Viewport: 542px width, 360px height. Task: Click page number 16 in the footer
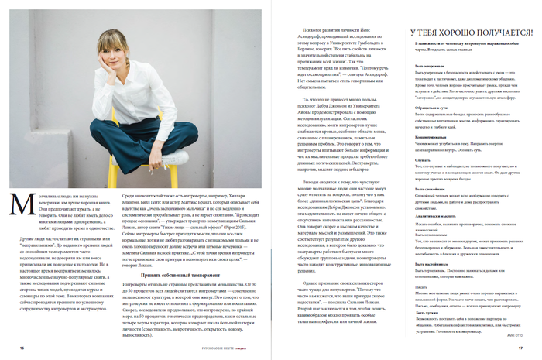pyautogui.click(x=21, y=348)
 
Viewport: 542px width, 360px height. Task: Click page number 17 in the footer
pyautogui.click(x=520, y=348)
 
